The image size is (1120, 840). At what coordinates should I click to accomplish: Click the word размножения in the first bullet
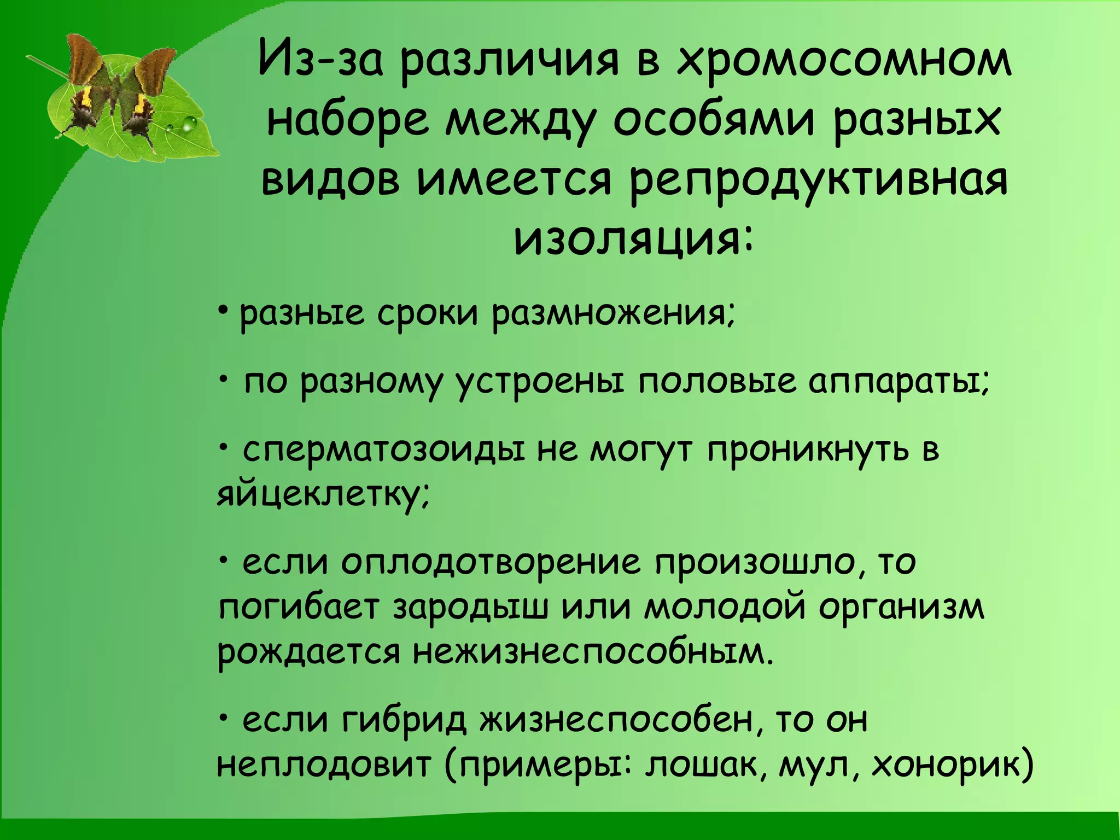point(612,316)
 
